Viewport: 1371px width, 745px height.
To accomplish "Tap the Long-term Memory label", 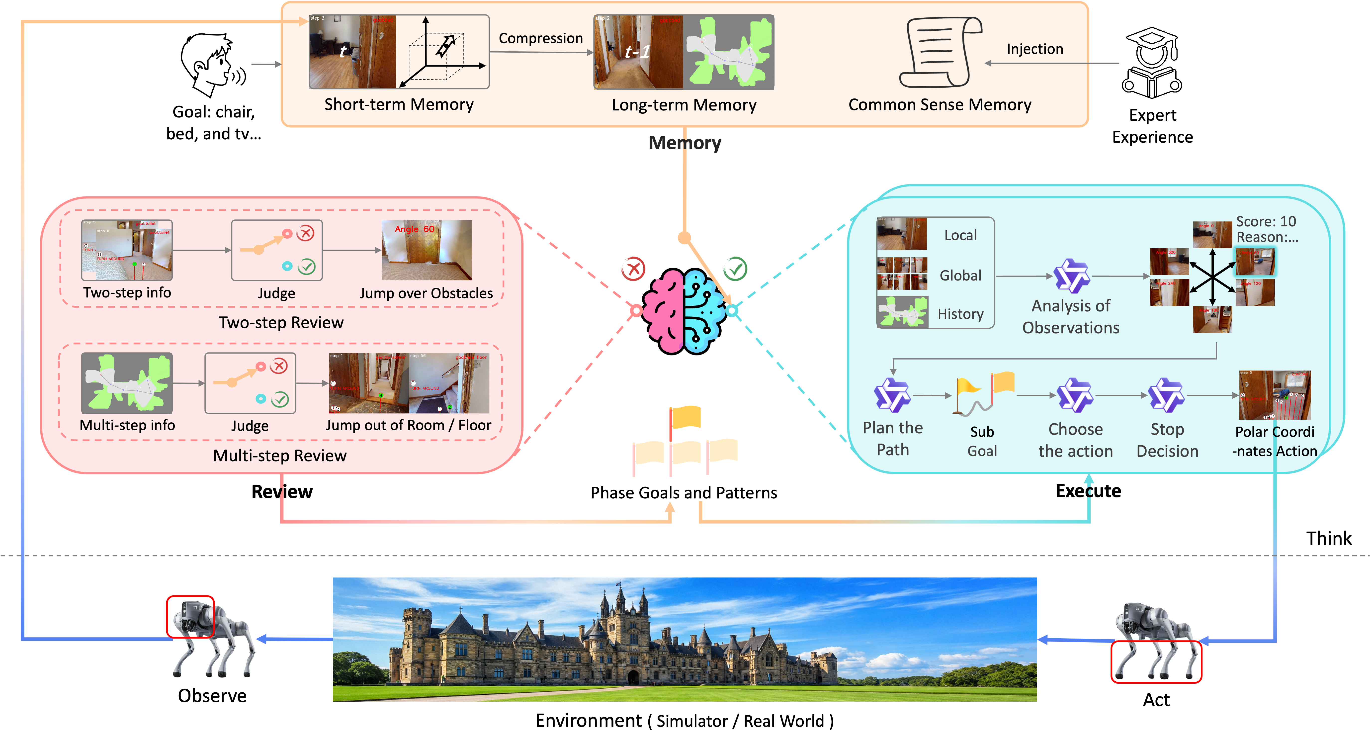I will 684,105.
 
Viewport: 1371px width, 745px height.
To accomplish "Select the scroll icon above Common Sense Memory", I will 939,52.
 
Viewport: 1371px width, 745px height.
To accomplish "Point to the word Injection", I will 1035,49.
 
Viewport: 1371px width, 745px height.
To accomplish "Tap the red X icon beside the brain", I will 633,269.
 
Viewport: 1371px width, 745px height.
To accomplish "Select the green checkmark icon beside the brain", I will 735,269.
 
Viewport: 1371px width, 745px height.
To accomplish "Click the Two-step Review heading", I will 281,323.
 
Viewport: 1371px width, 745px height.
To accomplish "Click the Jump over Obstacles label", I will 426,293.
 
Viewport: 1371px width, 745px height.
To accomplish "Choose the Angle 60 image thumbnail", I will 426,250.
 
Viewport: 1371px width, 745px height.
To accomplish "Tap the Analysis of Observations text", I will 1071,317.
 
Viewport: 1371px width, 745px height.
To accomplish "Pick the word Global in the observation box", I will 960,275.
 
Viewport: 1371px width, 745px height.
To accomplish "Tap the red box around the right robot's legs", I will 1156,661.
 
